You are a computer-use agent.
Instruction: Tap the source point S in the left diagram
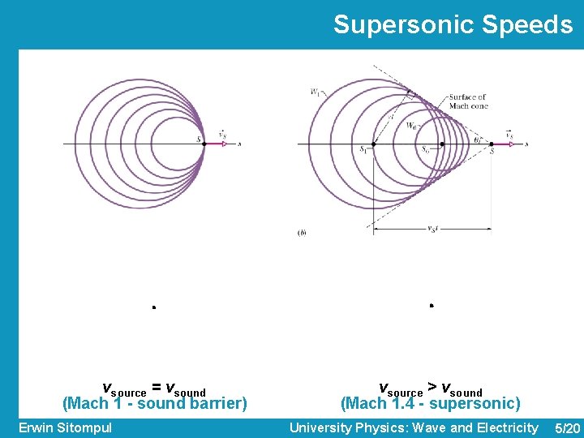[x=204, y=144]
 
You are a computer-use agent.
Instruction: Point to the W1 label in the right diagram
[x=314, y=91]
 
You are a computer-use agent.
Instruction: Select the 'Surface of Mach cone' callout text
[x=468, y=101]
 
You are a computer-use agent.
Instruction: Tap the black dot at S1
[x=372, y=144]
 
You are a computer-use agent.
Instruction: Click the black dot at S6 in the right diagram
[x=442, y=144]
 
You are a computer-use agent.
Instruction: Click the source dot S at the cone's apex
[x=491, y=144]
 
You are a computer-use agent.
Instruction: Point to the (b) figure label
[x=302, y=233]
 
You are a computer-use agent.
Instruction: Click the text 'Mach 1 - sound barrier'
[x=155, y=403]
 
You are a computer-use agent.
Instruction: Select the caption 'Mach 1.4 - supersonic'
[x=431, y=403]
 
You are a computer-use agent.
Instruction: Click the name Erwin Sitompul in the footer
[x=65, y=427]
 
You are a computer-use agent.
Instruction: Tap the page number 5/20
[x=565, y=427]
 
